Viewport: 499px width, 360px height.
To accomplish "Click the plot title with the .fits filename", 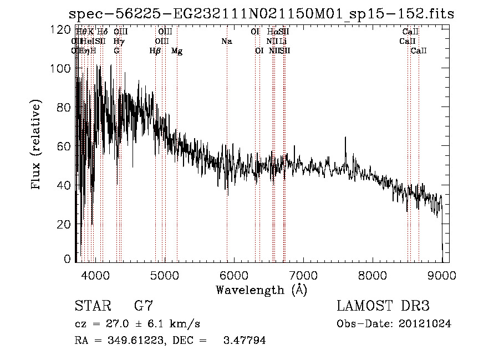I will [261, 14].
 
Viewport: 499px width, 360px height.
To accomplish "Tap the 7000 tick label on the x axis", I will [303, 274].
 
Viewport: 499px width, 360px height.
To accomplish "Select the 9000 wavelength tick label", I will [441, 274].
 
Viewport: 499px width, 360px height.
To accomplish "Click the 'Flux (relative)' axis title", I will [37, 145].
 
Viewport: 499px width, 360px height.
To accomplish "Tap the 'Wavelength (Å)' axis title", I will [261, 290].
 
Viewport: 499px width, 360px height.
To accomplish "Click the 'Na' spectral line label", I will [226, 41].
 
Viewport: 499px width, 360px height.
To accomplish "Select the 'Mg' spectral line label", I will [177, 51].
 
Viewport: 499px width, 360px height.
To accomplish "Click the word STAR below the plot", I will [92, 306].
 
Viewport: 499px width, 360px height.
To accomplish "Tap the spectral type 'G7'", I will [143, 306].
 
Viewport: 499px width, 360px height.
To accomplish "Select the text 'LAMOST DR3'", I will [383, 306].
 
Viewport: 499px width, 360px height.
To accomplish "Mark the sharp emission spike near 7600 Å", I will [346, 139].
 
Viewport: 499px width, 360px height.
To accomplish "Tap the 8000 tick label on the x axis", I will [372, 274].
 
